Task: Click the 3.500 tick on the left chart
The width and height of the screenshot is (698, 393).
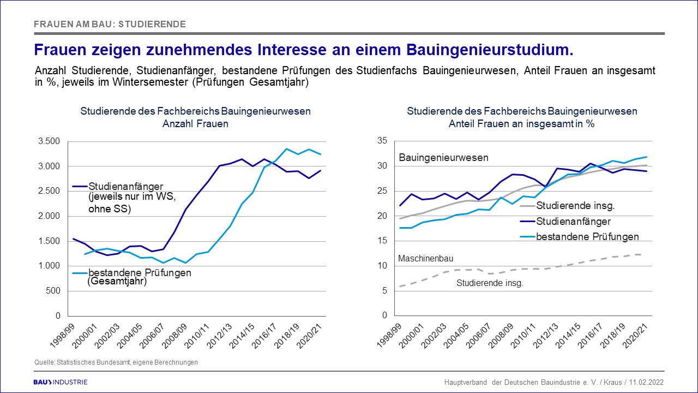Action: coord(50,141)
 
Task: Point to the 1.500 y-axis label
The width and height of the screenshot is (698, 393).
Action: coord(50,241)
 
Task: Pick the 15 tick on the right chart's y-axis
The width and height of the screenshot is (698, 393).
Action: coord(383,241)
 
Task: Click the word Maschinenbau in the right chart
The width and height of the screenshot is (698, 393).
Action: coord(426,258)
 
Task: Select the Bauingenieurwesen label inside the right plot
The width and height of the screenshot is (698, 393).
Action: coord(443,158)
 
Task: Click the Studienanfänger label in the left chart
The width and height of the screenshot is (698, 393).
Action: coord(125,187)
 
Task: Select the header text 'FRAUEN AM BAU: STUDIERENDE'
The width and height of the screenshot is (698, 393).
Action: coord(110,24)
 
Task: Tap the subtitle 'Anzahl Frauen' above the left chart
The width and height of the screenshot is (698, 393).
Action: coord(195,123)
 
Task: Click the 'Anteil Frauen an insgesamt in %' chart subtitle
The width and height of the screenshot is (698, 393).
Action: coord(521,123)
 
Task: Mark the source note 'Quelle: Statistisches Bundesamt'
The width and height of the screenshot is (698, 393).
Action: coord(116,362)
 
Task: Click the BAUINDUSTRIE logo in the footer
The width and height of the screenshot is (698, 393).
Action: coord(61,382)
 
